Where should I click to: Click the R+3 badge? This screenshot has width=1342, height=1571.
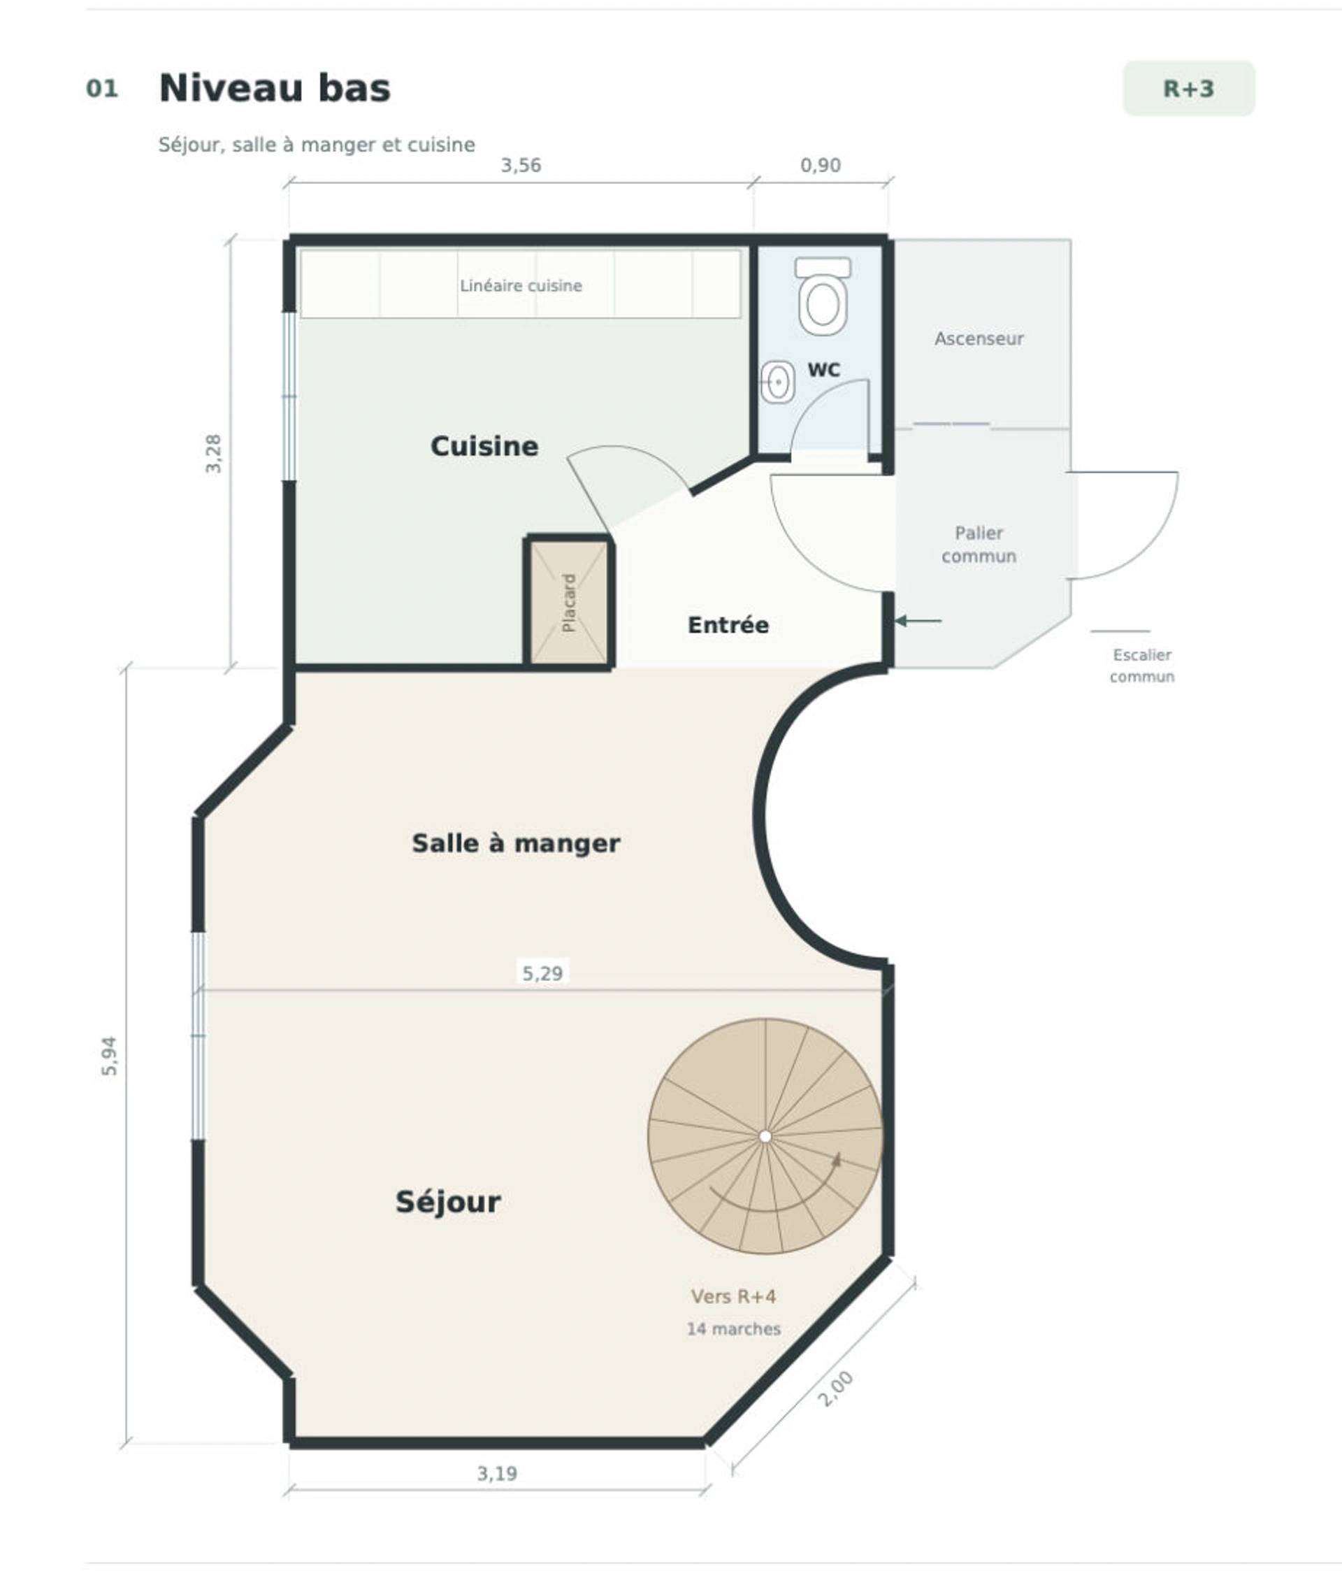click(1188, 89)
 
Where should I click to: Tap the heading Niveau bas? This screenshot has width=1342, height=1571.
click(275, 88)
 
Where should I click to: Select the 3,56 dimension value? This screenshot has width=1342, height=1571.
click(521, 165)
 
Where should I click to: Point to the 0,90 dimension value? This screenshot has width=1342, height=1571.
click(821, 165)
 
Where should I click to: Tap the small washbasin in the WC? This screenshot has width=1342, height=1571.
click(777, 381)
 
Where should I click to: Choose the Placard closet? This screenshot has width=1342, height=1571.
click(569, 602)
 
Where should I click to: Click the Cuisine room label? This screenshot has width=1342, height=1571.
click(484, 446)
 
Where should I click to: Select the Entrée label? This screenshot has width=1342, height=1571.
click(728, 625)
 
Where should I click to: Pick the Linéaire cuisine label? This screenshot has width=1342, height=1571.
click(521, 286)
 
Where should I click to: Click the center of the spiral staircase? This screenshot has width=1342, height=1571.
click(765, 1137)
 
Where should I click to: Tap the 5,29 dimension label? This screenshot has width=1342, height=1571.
click(543, 973)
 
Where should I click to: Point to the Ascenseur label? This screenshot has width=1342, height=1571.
click(979, 338)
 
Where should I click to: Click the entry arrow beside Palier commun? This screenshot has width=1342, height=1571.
click(918, 621)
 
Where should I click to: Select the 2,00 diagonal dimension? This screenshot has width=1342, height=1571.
click(835, 1389)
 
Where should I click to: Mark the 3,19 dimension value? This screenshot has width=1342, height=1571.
click(497, 1473)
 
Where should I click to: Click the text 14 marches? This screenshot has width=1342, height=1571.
click(734, 1328)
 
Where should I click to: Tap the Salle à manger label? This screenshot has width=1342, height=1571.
click(516, 843)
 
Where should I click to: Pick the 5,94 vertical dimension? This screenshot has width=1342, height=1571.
click(110, 1056)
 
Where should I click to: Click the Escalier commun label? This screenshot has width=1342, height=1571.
click(1142, 665)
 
